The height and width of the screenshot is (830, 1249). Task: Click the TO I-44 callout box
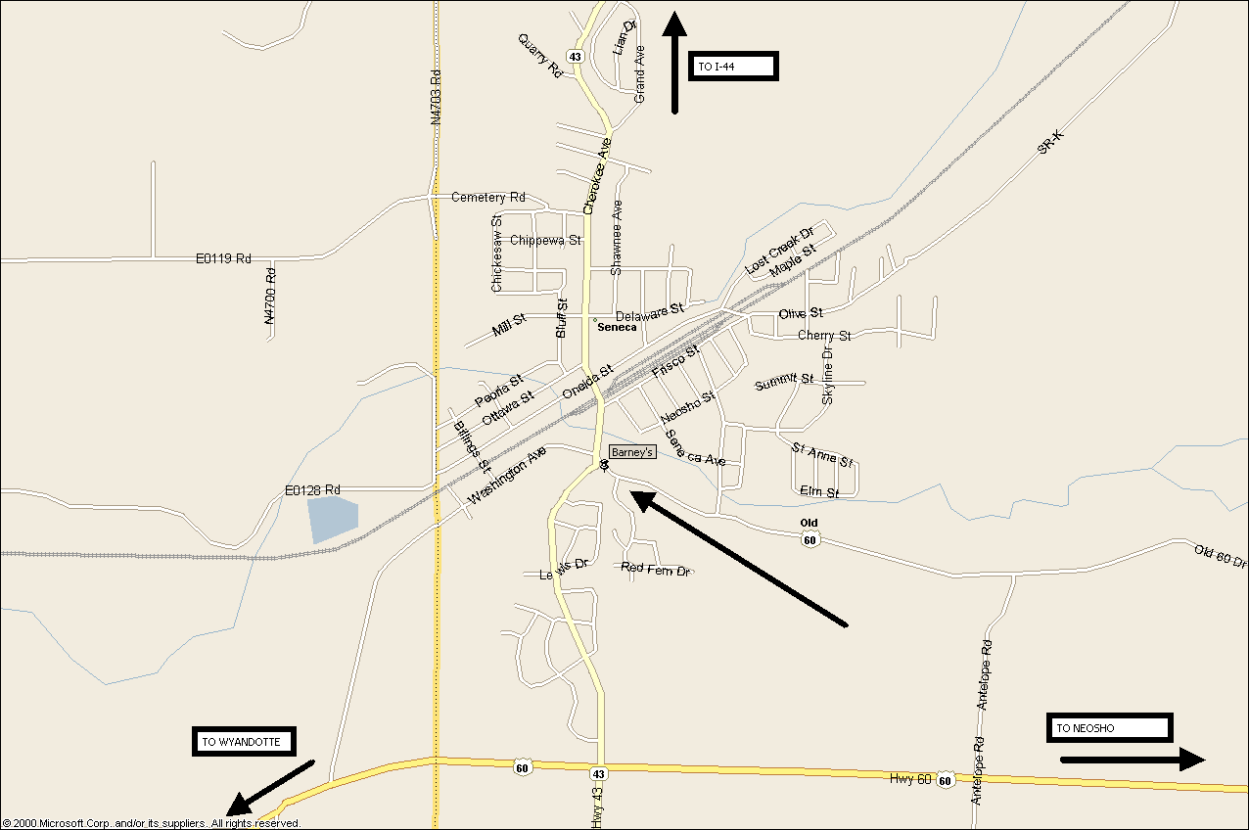(733, 66)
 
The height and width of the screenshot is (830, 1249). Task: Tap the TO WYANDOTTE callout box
(243, 741)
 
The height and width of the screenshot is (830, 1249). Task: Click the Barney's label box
(631, 451)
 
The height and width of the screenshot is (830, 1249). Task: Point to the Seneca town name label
(617, 327)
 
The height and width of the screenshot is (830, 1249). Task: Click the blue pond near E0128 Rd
(331, 519)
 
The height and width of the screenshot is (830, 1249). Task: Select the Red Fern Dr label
(656, 569)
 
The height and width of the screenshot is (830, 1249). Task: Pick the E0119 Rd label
(223, 258)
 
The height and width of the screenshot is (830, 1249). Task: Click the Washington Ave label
(506, 477)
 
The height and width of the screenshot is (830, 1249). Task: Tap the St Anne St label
(822, 455)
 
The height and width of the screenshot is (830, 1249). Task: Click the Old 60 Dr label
(1220, 559)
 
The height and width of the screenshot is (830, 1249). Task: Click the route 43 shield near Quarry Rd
(575, 57)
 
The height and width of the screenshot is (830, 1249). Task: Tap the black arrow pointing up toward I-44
(674, 64)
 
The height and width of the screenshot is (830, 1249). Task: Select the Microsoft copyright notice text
(152, 823)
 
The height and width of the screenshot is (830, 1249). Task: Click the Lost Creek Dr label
(779, 251)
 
